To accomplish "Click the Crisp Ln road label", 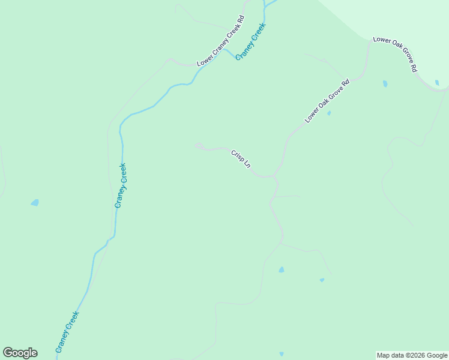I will (241, 159).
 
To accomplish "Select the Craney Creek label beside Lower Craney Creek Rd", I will (250, 41).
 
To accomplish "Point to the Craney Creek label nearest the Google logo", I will (67, 331).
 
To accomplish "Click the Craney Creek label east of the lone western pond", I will (121, 185).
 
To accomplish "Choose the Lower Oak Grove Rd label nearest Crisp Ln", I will (327, 100).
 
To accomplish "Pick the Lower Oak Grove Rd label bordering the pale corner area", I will (394, 55).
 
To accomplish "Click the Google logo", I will (20, 353).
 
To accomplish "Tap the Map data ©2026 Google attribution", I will (412, 355).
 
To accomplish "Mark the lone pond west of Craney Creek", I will (35, 203).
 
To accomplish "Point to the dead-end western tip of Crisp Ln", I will (196, 145).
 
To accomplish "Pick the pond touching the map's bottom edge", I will (282, 354).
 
